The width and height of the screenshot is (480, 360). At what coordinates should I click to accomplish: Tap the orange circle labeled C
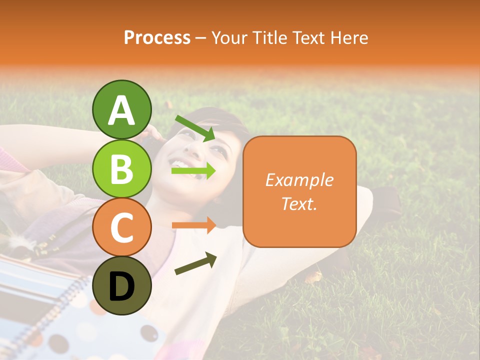121,227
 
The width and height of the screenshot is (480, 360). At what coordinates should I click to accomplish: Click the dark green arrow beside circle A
195,127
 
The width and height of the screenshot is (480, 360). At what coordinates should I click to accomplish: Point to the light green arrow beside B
193,171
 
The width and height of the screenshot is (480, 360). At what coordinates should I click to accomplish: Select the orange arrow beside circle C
193,225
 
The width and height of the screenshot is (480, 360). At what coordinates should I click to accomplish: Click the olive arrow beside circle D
195,264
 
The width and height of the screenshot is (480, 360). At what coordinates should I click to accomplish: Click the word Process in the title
157,38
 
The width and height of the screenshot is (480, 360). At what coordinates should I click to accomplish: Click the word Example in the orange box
299,180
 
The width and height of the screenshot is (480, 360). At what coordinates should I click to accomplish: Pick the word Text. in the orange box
299,203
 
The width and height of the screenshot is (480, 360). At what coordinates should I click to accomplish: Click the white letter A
121,110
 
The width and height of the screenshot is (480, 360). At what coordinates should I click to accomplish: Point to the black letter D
121,286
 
